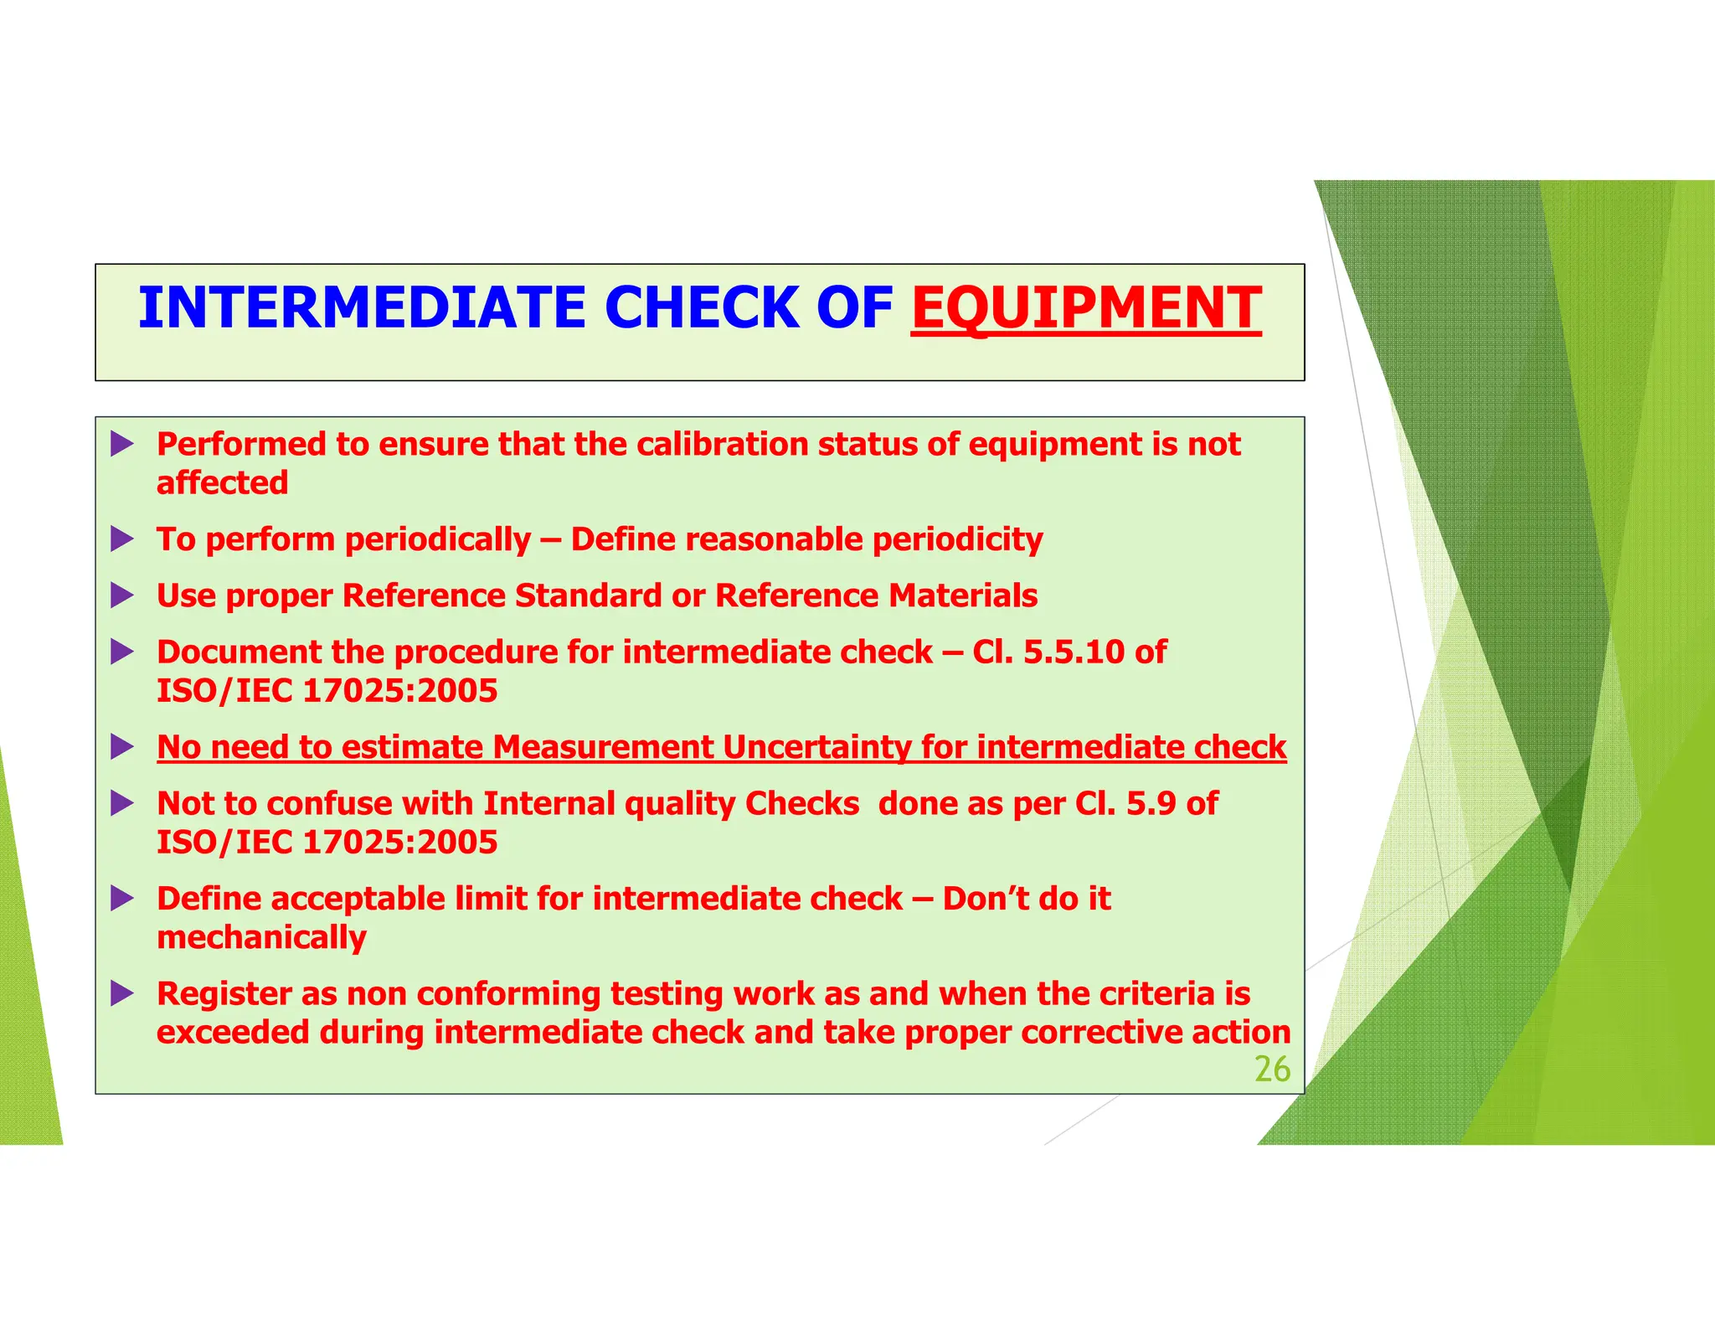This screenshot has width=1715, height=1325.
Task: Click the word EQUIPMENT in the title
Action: (x=1086, y=308)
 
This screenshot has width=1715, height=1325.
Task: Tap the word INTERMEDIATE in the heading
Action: (x=362, y=308)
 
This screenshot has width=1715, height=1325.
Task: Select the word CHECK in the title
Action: (x=702, y=308)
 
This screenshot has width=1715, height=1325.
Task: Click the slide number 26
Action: (x=1272, y=1070)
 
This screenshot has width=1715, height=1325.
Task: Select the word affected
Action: (x=223, y=482)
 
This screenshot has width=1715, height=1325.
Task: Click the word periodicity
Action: (x=958, y=539)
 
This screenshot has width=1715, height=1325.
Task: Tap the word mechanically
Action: (x=262, y=937)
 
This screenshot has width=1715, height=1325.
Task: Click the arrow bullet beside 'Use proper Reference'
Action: (x=122, y=595)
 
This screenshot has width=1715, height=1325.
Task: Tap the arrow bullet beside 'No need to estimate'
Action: (x=122, y=747)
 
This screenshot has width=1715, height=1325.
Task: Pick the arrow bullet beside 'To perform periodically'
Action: (x=122, y=539)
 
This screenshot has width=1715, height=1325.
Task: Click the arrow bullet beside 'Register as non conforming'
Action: (x=122, y=994)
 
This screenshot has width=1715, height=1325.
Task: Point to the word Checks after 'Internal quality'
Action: (x=802, y=803)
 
